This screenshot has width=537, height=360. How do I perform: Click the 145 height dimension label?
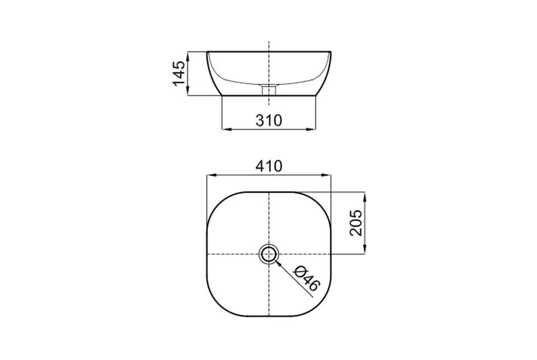tap(179, 74)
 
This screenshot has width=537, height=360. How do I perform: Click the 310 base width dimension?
tap(269, 120)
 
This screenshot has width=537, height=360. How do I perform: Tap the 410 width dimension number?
tap(269, 166)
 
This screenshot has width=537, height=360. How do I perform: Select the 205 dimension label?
tap(356, 223)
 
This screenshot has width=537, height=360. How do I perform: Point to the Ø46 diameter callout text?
tap(307, 278)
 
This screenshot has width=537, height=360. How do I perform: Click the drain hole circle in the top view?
tap(269, 254)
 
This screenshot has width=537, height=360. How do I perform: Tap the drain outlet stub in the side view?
tap(269, 90)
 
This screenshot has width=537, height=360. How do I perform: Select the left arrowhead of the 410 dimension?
tap(211, 175)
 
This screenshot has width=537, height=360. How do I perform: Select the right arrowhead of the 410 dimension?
tap(327, 175)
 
